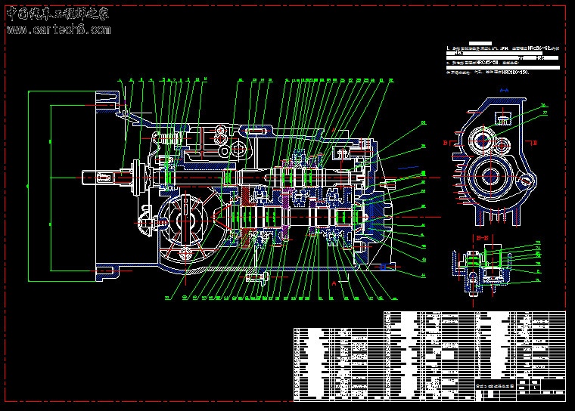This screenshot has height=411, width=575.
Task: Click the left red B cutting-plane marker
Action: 446,141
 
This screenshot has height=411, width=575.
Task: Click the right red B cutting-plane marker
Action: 535,141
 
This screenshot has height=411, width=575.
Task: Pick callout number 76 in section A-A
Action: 542,104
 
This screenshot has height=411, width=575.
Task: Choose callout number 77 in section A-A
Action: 542,114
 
